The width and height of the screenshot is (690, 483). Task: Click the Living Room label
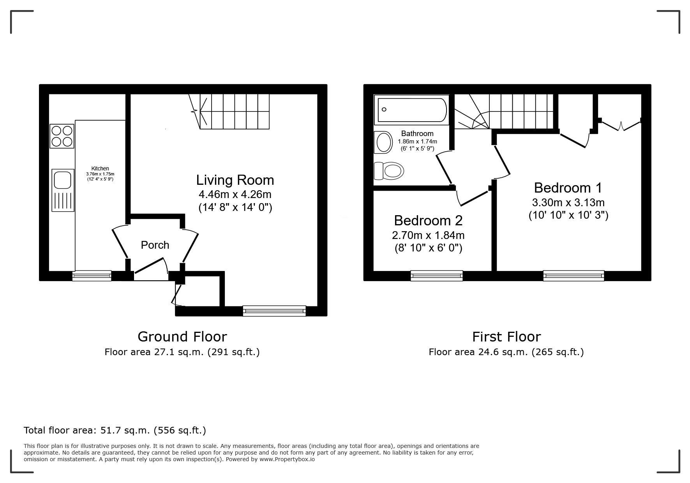pos(235,180)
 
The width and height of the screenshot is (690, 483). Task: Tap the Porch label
pos(155,245)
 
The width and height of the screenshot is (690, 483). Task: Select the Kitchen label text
pos(100,168)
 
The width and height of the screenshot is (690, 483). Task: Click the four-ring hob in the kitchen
pos(62,136)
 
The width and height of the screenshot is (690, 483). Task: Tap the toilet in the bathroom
pos(388,171)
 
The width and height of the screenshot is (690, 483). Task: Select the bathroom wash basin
pos(383,143)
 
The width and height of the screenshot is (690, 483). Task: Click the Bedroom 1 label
pos(568,188)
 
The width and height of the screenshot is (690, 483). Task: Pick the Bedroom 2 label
pos(428,221)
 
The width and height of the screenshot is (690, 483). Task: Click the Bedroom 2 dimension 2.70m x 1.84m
pos(428,235)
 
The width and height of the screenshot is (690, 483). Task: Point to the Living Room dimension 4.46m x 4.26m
pos(235,194)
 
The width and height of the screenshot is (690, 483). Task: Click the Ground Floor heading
pos(182,336)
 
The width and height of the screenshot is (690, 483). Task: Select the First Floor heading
pos(506,336)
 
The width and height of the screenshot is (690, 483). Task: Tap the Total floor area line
pos(115,430)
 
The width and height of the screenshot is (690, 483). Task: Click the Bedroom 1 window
pos(574,276)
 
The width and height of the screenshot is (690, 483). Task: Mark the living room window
pos(274,311)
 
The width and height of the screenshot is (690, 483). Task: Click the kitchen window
pos(92,276)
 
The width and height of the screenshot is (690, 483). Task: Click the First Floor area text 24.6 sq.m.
pos(506,352)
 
